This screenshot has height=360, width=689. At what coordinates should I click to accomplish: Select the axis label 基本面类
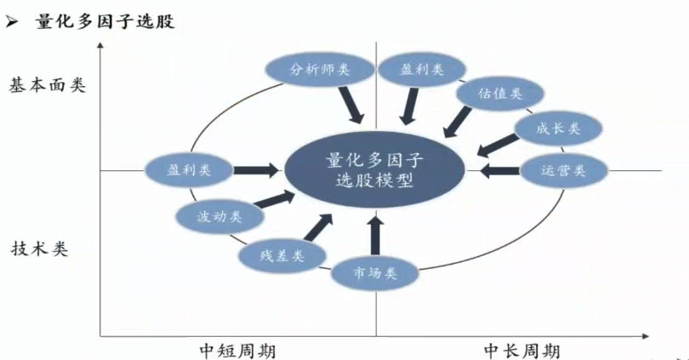(49, 85)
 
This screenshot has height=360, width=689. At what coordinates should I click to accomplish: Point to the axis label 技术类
(40, 249)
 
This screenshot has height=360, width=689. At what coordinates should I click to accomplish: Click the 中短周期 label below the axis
(237, 349)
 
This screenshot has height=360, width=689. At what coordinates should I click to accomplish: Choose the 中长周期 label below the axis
(522, 349)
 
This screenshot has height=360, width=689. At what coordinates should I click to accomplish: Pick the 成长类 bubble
(559, 129)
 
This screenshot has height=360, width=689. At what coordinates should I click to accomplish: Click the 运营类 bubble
(563, 170)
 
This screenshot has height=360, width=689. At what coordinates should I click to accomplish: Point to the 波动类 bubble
(219, 216)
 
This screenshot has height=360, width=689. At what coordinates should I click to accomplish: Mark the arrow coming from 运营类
(497, 171)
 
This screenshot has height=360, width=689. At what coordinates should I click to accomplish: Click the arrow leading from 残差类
(318, 227)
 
